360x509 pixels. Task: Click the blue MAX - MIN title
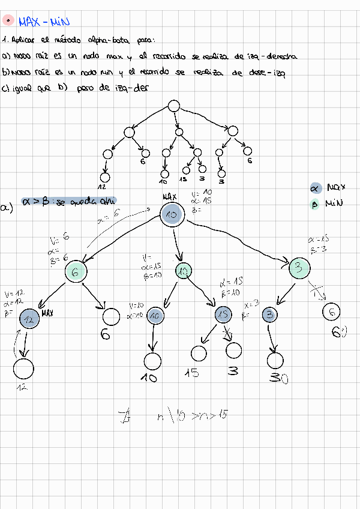[44, 22]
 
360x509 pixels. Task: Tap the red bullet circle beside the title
[8, 20]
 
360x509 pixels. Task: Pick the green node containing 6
[76, 273]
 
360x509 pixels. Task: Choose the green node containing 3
[299, 268]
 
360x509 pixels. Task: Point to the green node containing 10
[184, 271]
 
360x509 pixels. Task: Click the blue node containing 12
[29, 319]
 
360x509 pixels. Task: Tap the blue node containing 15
[223, 314]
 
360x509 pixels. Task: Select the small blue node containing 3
[270, 314]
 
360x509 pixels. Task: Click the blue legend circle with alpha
[316, 188]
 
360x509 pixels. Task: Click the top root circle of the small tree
[173, 106]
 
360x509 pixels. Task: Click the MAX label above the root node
[170, 196]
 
